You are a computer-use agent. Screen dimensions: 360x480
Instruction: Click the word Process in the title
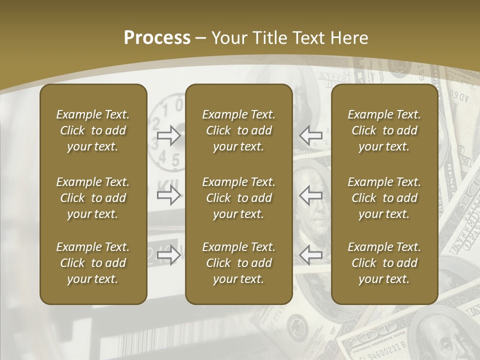(157, 38)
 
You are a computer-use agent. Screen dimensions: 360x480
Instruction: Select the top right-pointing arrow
(168, 135)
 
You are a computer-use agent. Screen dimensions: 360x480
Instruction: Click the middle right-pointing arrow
(168, 195)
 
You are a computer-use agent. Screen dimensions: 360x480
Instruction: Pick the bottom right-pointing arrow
(168, 255)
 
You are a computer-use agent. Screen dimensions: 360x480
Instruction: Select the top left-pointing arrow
(310, 135)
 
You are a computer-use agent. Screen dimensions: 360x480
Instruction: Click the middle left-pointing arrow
(310, 195)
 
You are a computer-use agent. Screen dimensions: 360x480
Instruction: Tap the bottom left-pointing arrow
(310, 255)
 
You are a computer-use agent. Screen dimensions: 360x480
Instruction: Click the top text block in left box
(93, 130)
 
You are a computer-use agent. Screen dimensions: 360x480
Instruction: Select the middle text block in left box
(93, 198)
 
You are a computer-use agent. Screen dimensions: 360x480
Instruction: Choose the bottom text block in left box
(93, 263)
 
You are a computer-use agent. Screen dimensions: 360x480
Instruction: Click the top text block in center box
(238, 130)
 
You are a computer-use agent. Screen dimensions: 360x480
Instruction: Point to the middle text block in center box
(238, 198)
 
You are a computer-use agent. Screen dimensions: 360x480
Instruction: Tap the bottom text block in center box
(238, 263)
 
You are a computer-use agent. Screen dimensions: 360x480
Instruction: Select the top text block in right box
(384, 130)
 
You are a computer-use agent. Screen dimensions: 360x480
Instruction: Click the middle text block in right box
(384, 198)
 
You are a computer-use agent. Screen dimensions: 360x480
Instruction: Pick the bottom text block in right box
(384, 263)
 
